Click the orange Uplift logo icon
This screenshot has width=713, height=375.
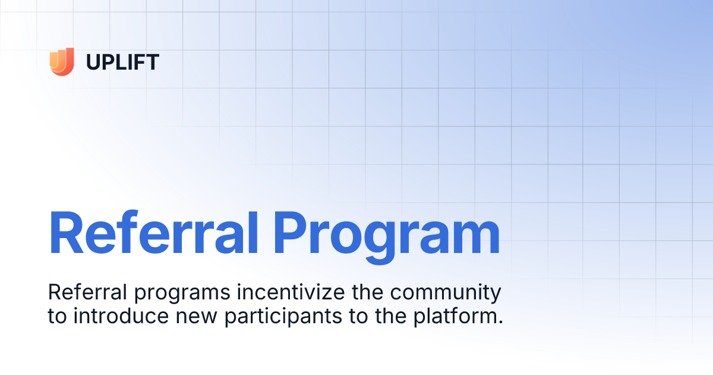coord(62,61)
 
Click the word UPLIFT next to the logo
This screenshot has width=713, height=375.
coord(122,62)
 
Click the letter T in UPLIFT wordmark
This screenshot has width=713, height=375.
coord(153,62)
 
